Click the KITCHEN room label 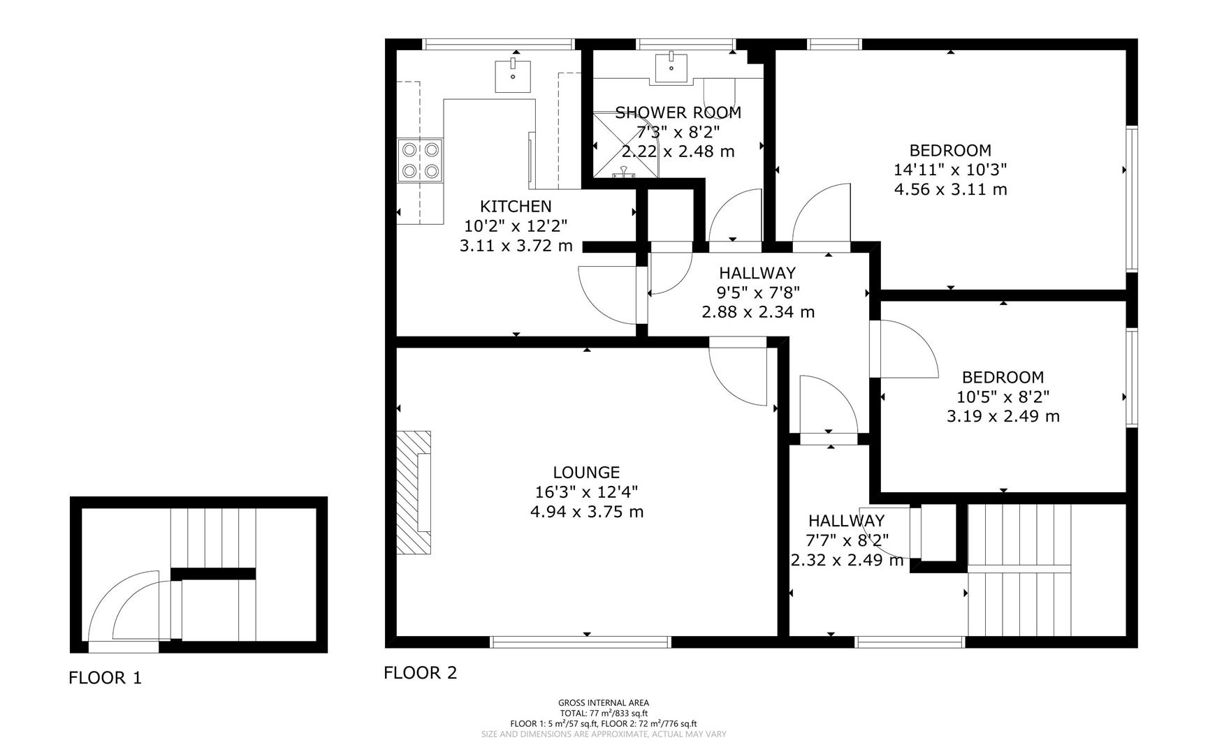pyautogui.click(x=516, y=207)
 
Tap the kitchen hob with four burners pyautogui.click(x=420, y=160)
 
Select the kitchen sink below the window pyautogui.click(x=513, y=76)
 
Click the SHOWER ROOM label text pyautogui.click(x=678, y=112)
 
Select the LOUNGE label pyautogui.click(x=586, y=473)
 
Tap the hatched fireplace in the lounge pyautogui.click(x=414, y=492)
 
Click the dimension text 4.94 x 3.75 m pyautogui.click(x=587, y=512)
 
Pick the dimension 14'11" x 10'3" pyautogui.click(x=950, y=170)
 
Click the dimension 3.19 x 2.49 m pyautogui.click(x=1003, y=416)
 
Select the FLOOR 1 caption pyautogui.click(x=105, y=678)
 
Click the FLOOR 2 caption pyautogui.click(x=420, y=673)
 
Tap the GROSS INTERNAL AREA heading pyautogui.click(x=603, y=703)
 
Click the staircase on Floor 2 pyautogui.click(x=1019, y=569)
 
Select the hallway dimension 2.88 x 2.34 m pyautogui.click(x=758, y=312)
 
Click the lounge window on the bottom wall pyautogui.click(x=581, y=642)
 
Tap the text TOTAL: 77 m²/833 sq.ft pyautogui.click(x=603, y=714)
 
